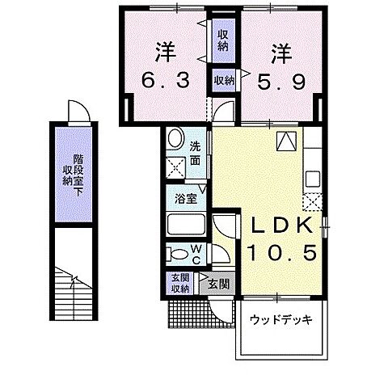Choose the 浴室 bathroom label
coord(183,196)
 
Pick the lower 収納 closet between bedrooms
coord(224,79)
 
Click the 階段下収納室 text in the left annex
coord(74,169)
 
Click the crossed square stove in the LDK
coord(313,200)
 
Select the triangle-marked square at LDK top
coord(287,141)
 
